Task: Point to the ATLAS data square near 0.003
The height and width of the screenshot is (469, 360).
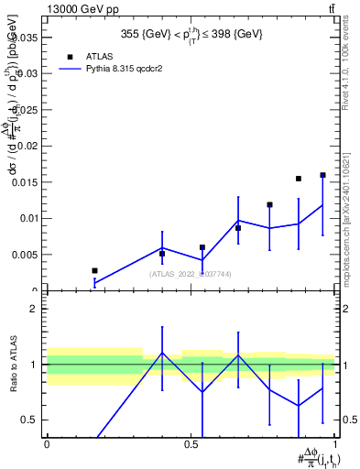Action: [94, 270]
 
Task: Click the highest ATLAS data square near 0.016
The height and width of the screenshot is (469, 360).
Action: [322, 175]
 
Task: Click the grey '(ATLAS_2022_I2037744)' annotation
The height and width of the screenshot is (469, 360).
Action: [193, 273]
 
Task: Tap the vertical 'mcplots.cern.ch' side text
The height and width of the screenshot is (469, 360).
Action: [351, 229]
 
